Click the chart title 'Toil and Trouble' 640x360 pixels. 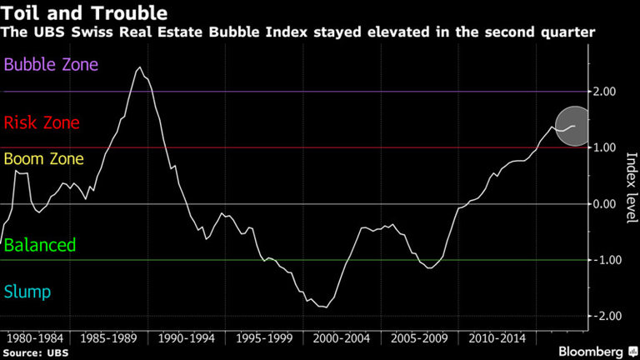point(85,14)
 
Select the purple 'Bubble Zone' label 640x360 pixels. point(52,64)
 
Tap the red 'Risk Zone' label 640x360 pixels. point(42,123)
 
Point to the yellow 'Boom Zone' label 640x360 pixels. point(47,158)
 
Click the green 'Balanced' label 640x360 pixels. point(40,245)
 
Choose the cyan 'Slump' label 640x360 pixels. point(27,292)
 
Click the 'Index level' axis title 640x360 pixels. point(631,188)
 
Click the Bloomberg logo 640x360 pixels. point(596,351)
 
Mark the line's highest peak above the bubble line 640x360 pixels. point(139,67)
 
